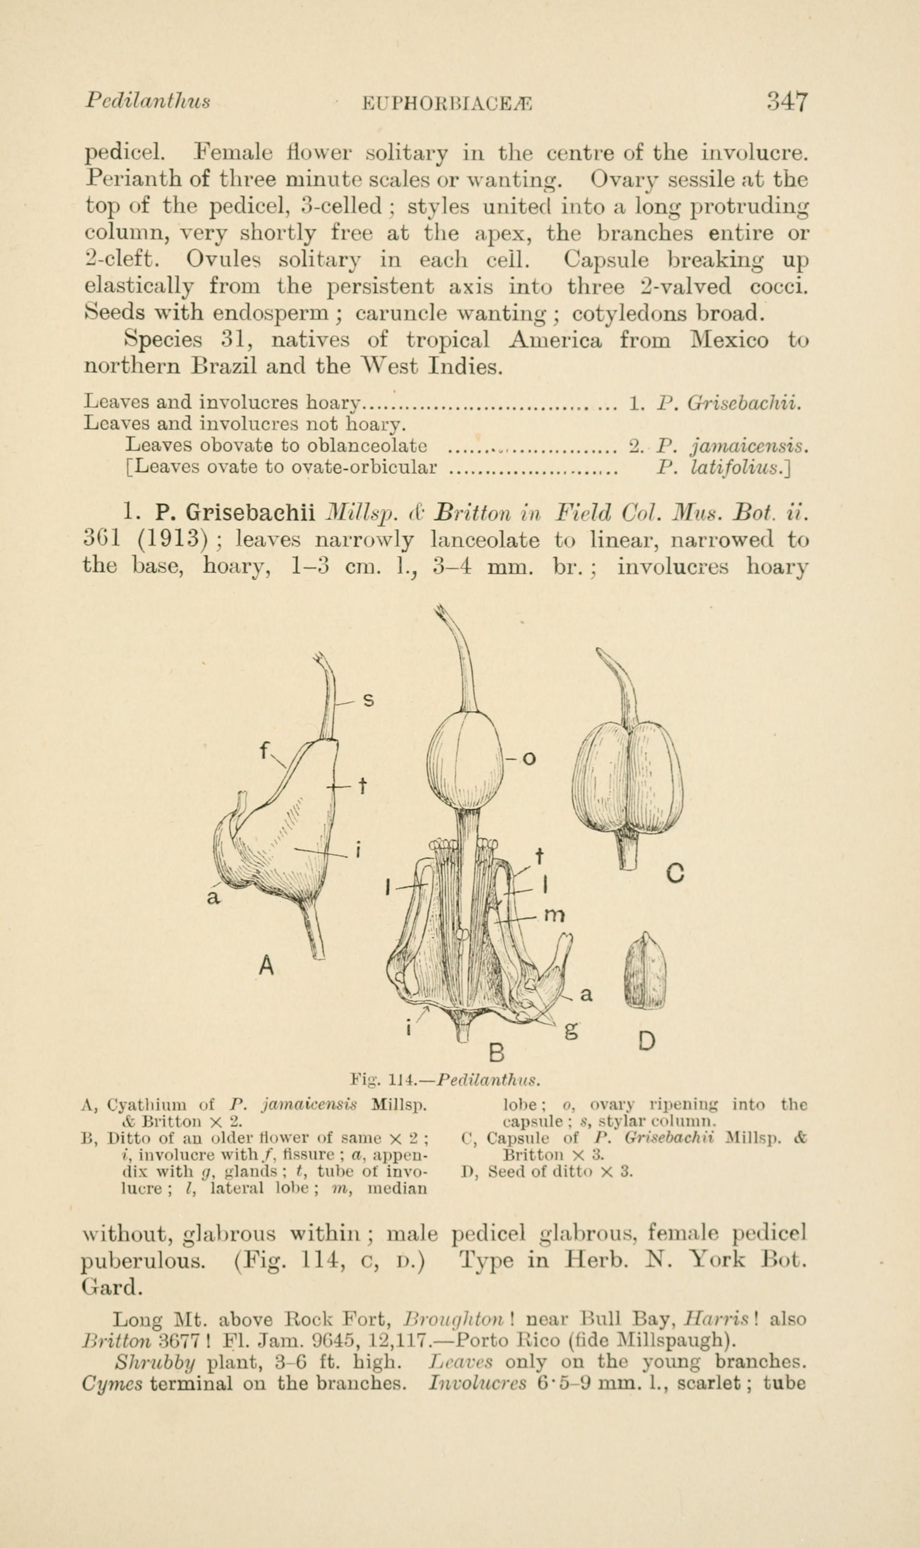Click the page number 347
(x=787, y=101)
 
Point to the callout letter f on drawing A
(x=264, y=751)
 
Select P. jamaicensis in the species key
(x=732, y=445)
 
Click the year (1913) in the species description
(x=171, y=540)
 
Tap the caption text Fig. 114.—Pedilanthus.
(x=446, y=1080)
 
